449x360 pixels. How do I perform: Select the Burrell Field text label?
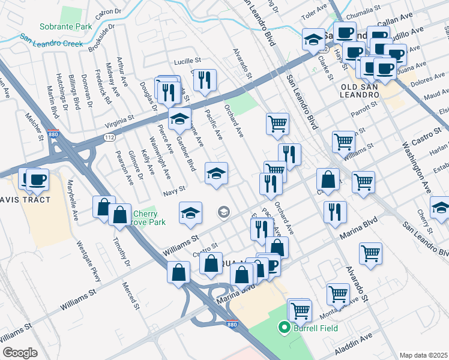pos(315,328)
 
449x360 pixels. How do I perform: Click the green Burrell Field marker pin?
pos(284,328)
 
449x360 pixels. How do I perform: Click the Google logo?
pos(20,353)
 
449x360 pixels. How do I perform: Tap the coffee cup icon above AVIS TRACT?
pos(37,178)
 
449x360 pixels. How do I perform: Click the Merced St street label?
pos(130,295)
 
